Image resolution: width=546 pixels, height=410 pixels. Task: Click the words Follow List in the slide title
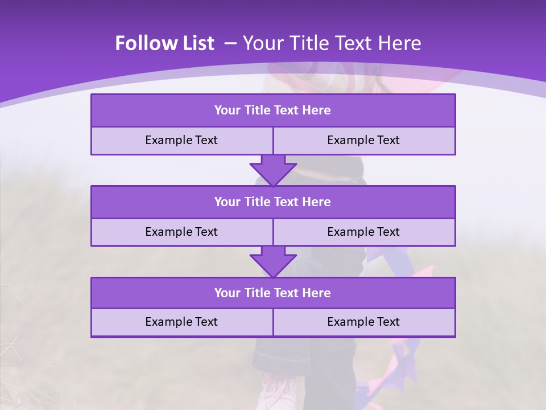[164, 43]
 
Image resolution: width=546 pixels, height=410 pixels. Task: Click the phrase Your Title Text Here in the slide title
[332, 43]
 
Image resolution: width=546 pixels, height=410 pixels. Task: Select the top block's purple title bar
[273, 110]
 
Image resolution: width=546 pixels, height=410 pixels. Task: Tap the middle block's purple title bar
[273, 202]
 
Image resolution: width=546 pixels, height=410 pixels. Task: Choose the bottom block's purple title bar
[273, 293]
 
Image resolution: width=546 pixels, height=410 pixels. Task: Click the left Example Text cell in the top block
[181, 140]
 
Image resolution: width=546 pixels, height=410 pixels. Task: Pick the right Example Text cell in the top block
[363, 140]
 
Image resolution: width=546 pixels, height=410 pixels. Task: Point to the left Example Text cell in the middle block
[181, 232]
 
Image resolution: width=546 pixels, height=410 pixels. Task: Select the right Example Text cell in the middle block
[363, 232]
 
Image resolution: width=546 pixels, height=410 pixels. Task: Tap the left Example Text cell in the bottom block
[181, 322]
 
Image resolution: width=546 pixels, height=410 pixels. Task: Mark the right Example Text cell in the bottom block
[363, 322]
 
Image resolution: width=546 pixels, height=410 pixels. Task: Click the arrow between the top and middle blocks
[273, 170]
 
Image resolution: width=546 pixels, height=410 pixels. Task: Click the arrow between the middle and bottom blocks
[273, 261]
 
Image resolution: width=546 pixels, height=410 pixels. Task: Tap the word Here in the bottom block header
[317, 293]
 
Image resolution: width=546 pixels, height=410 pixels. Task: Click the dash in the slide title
[230, 43]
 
